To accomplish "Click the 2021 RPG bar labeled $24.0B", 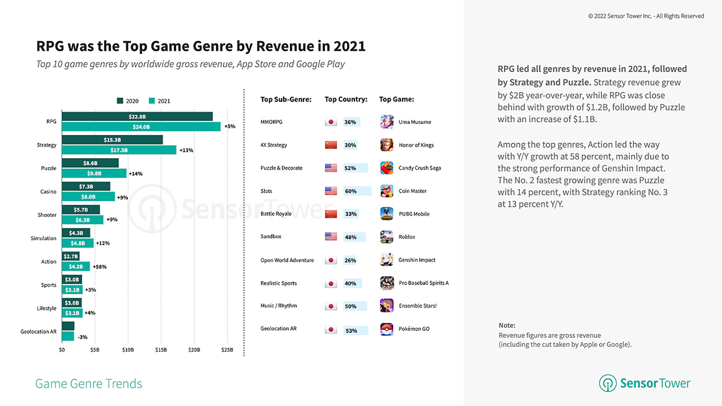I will click(x=141, y=127).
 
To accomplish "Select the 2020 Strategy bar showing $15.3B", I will click(x=112, y=140).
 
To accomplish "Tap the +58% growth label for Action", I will click(x=99, y=267).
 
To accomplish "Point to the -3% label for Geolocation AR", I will click(x=82, y=337).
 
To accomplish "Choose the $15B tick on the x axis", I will click(x=161, y=350).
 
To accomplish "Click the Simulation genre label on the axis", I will click(x=44, y=238).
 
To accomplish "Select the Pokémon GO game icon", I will click(x=387, y=329).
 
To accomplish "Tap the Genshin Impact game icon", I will click(x=387, y=260).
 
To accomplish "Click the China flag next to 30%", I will click(x=331, y=145).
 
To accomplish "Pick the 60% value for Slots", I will click(x=350, y=191).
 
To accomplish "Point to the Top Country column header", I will click(x=346, y=99).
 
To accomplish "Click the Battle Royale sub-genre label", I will click(x=275, y=214).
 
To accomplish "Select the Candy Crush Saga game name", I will click(x=420, y=168).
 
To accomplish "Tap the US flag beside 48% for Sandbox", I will click(x=331, y=237).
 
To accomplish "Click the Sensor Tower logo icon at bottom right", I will click(x=608, y=383).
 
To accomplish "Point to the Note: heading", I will click(x=507, y=325).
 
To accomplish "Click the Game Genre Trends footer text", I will click(x=89, y=384).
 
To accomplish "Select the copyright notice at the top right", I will click(x=646, y=16).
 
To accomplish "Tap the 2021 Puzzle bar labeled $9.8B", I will click(x=94, y=173).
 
